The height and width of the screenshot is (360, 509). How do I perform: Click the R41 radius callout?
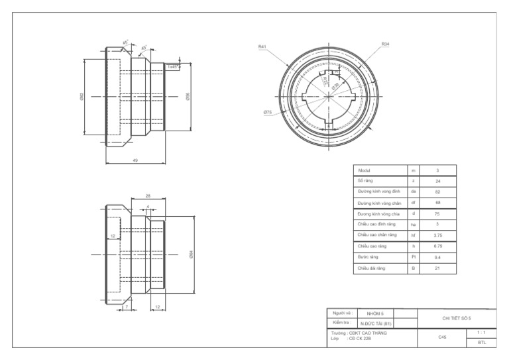click(262, 46)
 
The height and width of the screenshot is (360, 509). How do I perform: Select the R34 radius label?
click(385, 44)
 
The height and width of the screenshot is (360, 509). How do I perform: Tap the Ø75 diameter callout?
click(268, 112)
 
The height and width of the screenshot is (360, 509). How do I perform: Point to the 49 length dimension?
click(135, 160)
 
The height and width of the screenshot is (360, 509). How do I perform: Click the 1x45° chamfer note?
click(172, 66)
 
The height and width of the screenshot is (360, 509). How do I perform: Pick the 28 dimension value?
click(148, 196)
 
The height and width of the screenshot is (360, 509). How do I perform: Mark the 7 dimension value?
click(126, 308)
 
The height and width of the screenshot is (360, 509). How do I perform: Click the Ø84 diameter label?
click(191, 254)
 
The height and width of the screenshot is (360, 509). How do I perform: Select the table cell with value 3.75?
click(437, 235)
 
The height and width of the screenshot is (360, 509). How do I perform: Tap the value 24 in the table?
click(437, 180)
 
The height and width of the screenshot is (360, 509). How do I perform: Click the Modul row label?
click(365, 171)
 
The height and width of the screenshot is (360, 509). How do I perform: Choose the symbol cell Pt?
click(413, 257)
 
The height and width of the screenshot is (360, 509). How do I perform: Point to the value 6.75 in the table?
click(437, 246)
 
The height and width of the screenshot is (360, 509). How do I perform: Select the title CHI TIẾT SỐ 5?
click(457, 318)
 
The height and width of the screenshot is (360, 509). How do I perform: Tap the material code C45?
click(442, 337)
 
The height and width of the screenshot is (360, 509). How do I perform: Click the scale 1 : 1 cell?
click(481, 333)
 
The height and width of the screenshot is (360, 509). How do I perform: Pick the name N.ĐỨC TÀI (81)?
click(376, 323)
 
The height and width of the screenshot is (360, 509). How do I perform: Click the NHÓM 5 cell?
click(375, 312)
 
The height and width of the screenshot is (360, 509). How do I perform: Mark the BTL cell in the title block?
click(481, 343)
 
